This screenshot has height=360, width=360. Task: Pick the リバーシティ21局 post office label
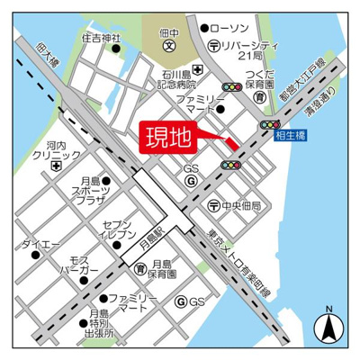tap(243, 49)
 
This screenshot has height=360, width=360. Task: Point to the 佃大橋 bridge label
tap(40, 52)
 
